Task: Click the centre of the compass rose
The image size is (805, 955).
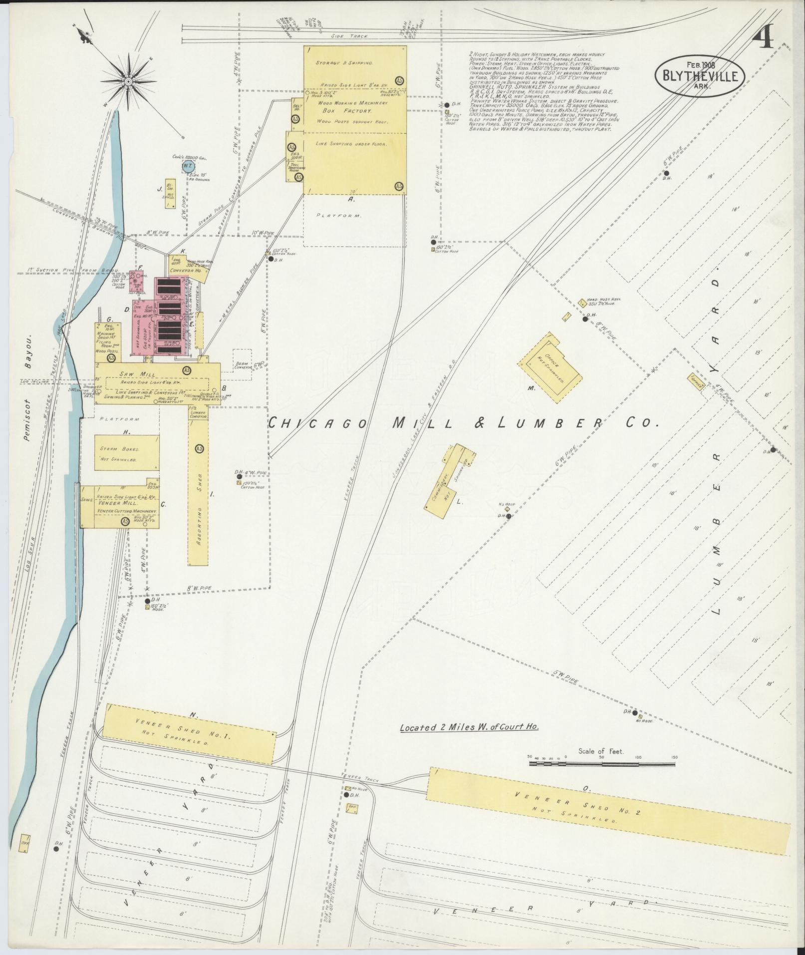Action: tap(129, 81)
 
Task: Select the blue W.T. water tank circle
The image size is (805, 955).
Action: tap(188, 165)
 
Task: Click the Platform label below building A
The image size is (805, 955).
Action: tap(339, 216)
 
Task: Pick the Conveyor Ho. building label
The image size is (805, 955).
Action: tap(185, 271)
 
